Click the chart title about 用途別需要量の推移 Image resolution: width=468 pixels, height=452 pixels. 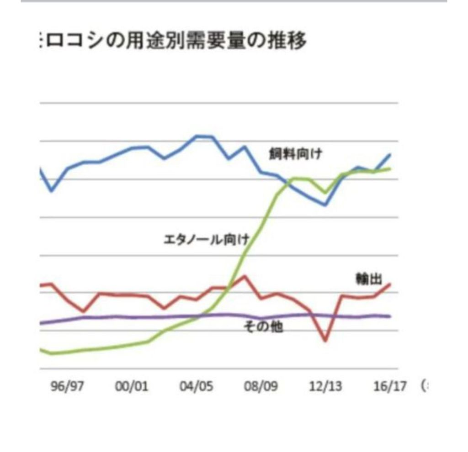[174, 41]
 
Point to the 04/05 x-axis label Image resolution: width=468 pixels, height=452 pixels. [197, 386]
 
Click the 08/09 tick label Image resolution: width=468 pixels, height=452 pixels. [261, 386]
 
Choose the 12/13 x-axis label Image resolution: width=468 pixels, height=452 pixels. [325, 386]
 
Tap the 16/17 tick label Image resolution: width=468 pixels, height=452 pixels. [390, 386]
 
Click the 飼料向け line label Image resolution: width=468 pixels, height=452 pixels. [295, 154]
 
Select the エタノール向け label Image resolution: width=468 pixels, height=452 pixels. [206, 239]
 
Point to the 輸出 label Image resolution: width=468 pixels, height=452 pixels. [369, 279]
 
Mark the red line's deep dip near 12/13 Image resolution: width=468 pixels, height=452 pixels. [325, 341]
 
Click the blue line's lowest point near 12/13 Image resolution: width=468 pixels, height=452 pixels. [325, 205]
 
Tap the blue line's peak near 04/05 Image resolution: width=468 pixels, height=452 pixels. [197, 136]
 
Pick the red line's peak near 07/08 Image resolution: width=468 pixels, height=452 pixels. [245, 276]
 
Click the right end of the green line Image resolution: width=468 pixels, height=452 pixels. [390, 168]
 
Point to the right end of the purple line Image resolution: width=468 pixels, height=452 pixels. [390, 316]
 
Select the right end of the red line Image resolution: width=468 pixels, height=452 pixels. [390, 284]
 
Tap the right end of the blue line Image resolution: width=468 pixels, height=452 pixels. [390, 155]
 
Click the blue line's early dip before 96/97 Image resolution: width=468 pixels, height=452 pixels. [52, 190]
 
